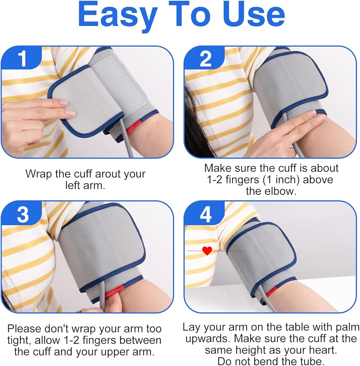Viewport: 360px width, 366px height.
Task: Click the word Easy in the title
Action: [118, 16]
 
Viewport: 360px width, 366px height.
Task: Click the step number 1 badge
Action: [22, 58]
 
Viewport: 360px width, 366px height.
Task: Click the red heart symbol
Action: [207, 251]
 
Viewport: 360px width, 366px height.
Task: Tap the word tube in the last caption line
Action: [312, 361]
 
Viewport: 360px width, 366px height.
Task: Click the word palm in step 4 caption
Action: [348, 327]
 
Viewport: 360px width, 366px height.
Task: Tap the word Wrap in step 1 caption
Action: [38, 174]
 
